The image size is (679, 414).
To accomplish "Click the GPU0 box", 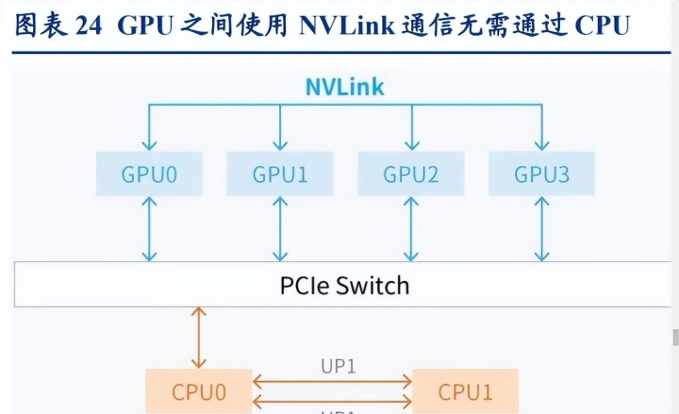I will [x=150, y=174].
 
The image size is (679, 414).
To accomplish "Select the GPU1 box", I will [x=280, y=174].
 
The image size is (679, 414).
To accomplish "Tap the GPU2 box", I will [x=411, y=174].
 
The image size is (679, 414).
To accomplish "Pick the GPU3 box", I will [x=541, y=174].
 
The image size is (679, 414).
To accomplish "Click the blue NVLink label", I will [x=345, y=88].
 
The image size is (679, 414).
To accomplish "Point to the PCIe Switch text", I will [x=345, y=284].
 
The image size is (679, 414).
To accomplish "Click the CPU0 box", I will [x=199, y=390].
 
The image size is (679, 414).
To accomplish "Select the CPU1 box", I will [x=465, y=390].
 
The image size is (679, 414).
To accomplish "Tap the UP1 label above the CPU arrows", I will [x=337, y=366].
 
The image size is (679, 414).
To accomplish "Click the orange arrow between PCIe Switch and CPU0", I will [x=198, y=337].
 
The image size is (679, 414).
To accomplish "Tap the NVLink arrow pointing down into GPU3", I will [x=541, y=127].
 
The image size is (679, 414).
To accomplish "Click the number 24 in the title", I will [x=88, y=25].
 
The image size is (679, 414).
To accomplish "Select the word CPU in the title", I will [x=601, y=25].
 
